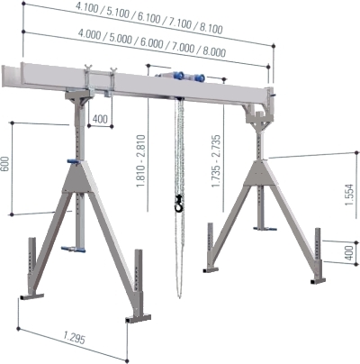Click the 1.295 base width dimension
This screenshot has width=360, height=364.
coord(74,338)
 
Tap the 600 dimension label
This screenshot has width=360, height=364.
coord(5,164)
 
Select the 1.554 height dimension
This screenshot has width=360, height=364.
coord(349,195)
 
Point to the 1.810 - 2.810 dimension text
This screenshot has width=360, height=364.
coord(141,161)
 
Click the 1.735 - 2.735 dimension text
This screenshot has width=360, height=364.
coord(216,161)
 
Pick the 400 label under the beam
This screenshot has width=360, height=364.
coord(100,119)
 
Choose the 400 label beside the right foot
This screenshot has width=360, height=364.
coord(349,253)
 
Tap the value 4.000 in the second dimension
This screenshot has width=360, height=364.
coord(89,34)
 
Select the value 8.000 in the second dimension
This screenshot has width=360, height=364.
coord(214,50)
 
